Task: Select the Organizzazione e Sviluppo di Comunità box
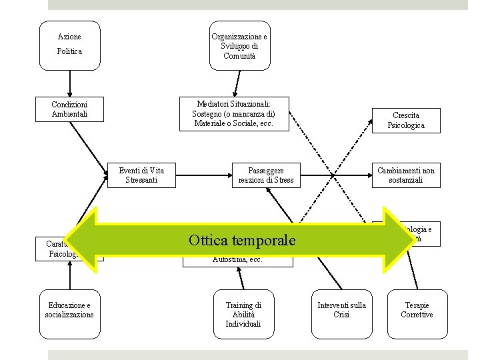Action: [239, 45]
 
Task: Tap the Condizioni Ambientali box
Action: [69, 109]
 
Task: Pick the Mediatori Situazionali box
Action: [235, 114]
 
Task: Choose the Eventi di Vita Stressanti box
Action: [141, 175]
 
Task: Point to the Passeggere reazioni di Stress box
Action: [266, 175]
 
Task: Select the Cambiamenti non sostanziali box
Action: [405, 175]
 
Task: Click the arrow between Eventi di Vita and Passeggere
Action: [203, 175]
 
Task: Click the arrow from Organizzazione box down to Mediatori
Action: [235, 83]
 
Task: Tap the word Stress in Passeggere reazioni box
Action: [282, 180]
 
